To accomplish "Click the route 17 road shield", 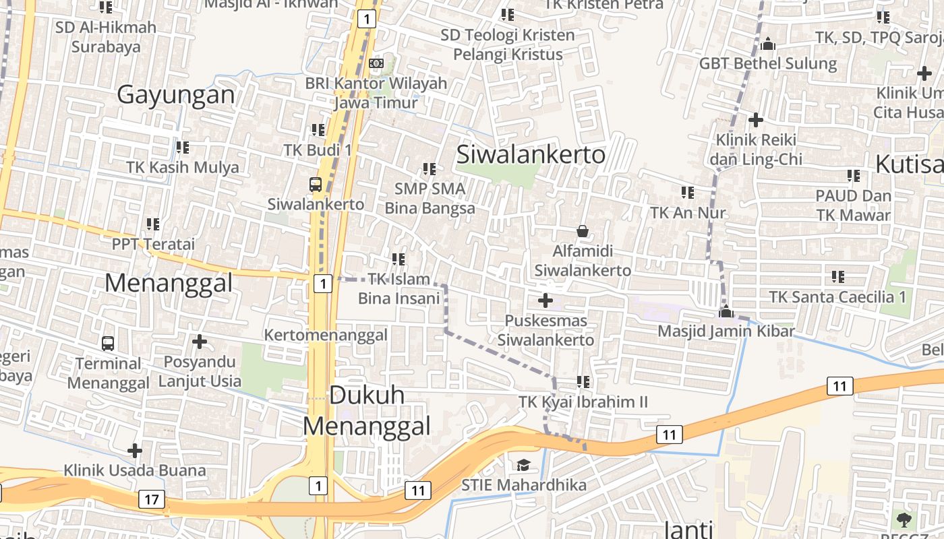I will [x=152, y=499].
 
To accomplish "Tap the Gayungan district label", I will [x=176, y=95].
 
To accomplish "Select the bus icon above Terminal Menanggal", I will [x=108, y=343].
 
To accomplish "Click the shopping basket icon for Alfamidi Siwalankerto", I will [x=583, y=231].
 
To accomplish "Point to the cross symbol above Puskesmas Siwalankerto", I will [x=545, y=300].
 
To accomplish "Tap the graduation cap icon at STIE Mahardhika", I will [x=523, y=465].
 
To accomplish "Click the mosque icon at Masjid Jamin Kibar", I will [x=726, y=311].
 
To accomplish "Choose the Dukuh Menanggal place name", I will [x=367, y=410].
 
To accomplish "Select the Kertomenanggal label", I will [x=326, y=335].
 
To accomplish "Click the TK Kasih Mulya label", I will [x=183, y=167].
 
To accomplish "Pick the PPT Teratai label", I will [x=153, y=243].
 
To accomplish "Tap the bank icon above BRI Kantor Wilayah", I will [x=376, y=63].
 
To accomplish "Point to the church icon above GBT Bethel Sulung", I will [x=767, y=44].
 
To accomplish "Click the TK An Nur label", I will [x=688, y=213].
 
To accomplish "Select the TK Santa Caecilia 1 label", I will [x=838, y=296].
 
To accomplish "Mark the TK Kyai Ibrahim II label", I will [x=583, y=402].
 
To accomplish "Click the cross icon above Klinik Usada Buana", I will [x=135, y=450].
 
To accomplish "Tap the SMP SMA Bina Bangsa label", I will [x=430, y=198].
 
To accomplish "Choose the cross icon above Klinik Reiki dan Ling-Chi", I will [x=756, y=120].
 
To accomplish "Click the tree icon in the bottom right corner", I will [x=904, y=519].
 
